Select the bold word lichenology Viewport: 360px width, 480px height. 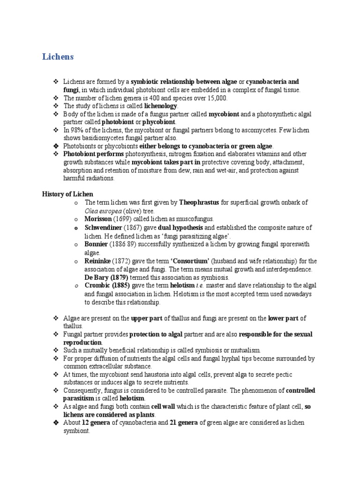(161, 106)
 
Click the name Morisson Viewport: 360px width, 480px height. (98, 219)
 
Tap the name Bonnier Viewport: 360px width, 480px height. (96, 244)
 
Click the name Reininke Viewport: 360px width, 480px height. (98, 261)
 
